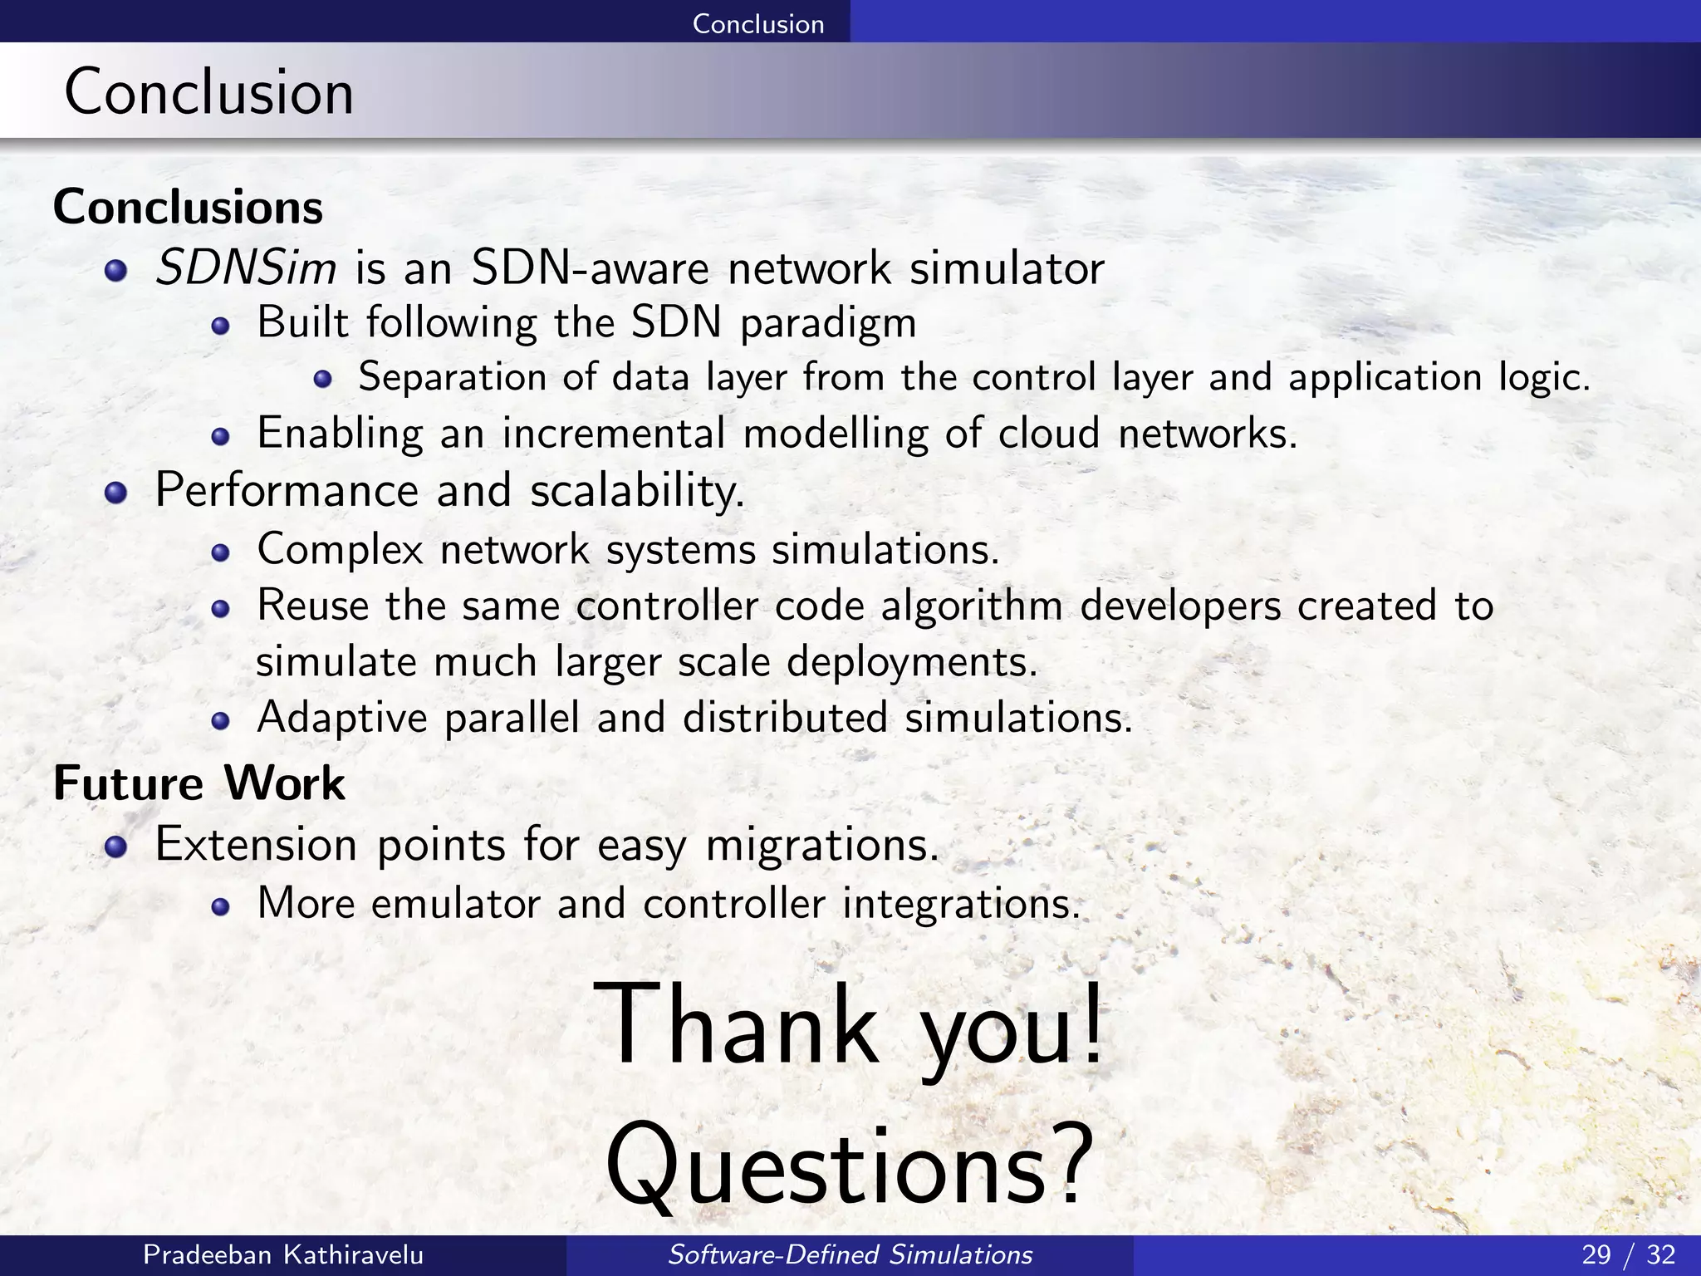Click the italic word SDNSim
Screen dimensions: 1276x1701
tap(246, 268)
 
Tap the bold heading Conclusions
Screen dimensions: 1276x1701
tap(188, 207)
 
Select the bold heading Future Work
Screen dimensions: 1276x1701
tap(199, 783)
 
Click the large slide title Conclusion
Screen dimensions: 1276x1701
tap(209, 91)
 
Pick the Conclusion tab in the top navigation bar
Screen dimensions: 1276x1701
tap(757, 23)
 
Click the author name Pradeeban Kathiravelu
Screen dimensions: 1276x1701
tap(283, 1254)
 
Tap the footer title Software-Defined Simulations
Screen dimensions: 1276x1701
tap(850, 1254)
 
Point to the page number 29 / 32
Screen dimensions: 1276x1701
tap(1628, 1254)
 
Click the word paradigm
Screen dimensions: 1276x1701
tap(828, 324)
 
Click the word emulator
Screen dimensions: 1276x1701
tap(456, 904)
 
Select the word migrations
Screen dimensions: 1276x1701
tap(822, 846)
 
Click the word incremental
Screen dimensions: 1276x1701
tap(614, 434)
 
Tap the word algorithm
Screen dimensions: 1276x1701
tap(972, 606)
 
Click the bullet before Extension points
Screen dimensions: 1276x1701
tap(116, 847)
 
